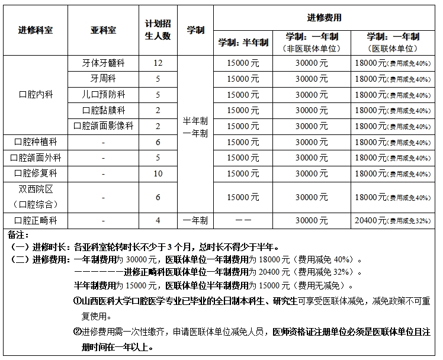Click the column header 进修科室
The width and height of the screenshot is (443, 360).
pyautogui.click(x=36, y=30)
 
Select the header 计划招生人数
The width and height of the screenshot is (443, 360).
pyautogui.click(x=158, y=30)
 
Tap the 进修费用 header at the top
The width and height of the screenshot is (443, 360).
pyautogui.click(x=324, y=18)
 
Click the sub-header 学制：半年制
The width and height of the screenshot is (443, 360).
pyautogui.click(x=243, y=43)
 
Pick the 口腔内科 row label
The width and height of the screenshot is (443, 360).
pyautogui.click(x=36, y=94)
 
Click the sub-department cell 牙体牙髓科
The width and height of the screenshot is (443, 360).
pyautogui.click(x=103, y=63)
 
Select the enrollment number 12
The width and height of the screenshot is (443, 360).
pyautogui.click(x=158, y=63)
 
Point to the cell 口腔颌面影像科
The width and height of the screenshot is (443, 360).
pyautogui.click(x=103, y=126)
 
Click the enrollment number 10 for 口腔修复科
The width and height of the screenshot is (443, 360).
pyautogui.click(x=158, y=173)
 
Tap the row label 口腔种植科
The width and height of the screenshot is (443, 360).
pyautogui.click(x=36, y=142)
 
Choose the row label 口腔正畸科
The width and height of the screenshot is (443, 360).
pyautogui.click(x=36, y=221)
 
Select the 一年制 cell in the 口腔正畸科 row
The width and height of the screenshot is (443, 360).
pyautogui.click(x=195, y=221)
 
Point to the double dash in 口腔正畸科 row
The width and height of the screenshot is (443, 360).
pyautogui.click(x=243, y=221)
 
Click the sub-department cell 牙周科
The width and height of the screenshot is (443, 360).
pyautogui.click(x=103, y=79)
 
